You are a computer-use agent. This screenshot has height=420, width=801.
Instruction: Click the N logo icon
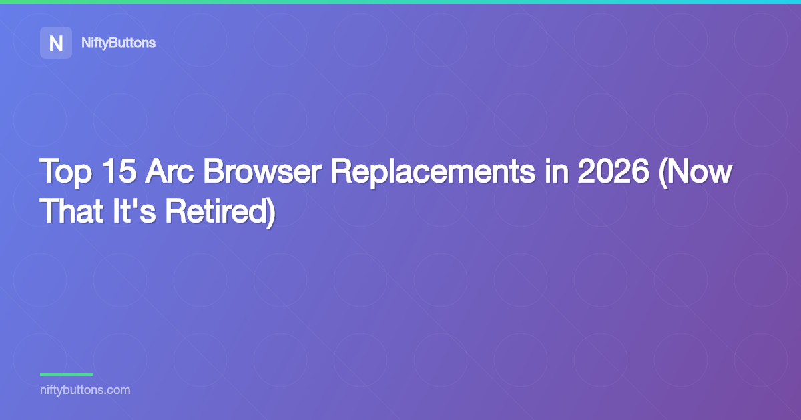point(56,43)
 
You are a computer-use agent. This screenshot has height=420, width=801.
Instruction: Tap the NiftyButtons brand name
point(118,43)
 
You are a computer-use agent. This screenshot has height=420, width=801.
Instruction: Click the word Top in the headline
point(65,173)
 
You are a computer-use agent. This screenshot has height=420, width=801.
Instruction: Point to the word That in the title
point(68,210)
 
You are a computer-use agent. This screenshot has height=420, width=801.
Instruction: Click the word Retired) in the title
point(220,210)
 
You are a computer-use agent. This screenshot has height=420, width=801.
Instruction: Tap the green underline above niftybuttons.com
point(67,375)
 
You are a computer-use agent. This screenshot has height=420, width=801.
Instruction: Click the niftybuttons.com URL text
point(85,390)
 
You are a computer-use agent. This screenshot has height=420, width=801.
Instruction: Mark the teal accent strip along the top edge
point(400,2)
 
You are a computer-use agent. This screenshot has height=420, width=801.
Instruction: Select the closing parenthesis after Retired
point(271,211)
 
